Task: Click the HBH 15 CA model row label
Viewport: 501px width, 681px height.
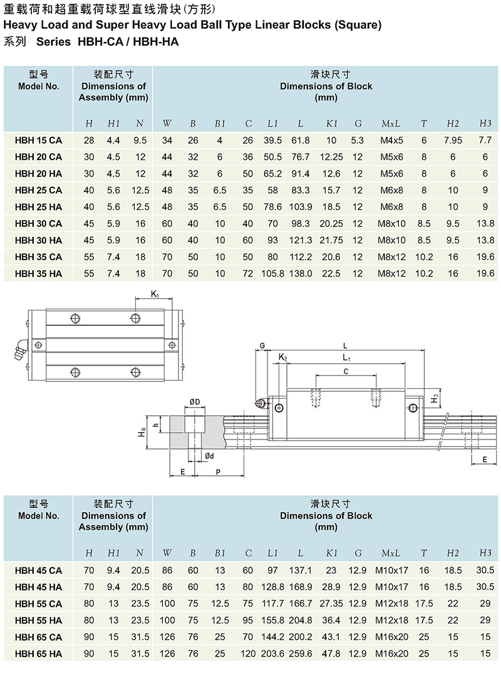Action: pos(38,140)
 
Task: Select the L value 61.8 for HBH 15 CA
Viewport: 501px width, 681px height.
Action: pos(301,140)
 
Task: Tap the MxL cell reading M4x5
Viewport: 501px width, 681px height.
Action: pos(391,140)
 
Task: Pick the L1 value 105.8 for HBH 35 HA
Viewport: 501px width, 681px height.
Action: pos(273,273)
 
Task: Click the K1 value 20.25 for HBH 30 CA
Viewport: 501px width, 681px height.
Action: pos(331,224)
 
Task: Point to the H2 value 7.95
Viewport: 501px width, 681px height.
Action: pos(453,140)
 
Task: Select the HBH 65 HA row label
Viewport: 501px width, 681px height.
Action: pos(38,653)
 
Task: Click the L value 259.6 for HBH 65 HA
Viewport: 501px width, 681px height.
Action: pos(301,653)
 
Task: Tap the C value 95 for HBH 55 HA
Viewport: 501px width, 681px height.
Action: pos(247,620)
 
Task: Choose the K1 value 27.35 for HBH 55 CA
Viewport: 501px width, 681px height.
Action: pos(331,604)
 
